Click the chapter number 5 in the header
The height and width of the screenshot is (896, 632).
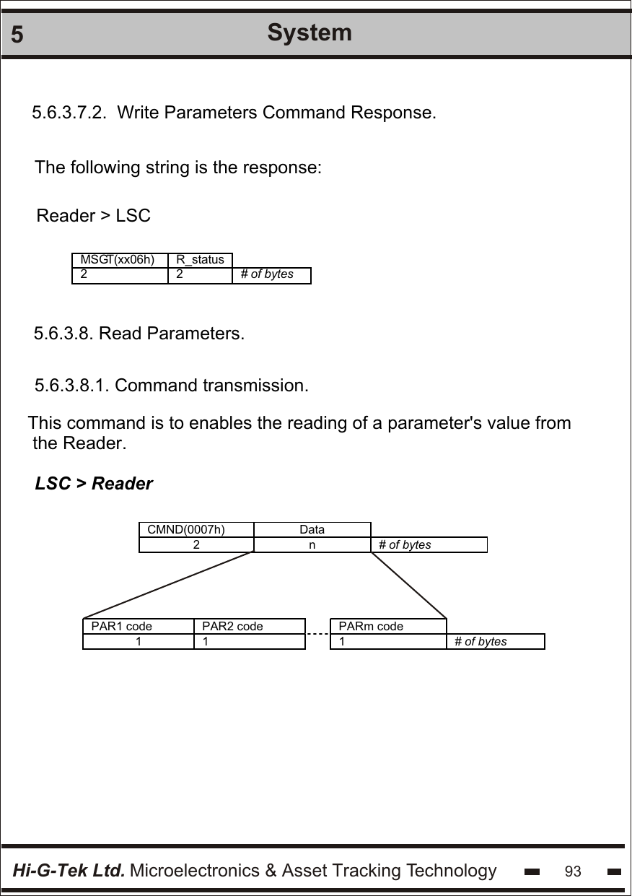coord(17,35)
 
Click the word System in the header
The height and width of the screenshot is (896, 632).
coord(310,32)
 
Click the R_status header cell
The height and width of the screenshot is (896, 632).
coord(200,259)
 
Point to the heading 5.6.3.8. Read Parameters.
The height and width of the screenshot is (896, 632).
coord(139,334)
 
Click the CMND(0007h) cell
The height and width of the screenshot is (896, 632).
coord(186,529)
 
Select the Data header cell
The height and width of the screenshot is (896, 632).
coord(312,529)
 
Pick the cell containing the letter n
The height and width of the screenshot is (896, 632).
coord(312,544)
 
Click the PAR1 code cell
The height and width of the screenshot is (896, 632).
coord(122,626)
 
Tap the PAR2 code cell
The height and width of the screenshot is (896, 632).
coord(232,626)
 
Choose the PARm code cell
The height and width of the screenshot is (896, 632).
coord(371,626)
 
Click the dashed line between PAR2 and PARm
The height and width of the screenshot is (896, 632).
coord(317,634)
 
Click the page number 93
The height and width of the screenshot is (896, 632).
coord(573,871)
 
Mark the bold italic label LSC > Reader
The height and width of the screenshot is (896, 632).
coord(94,484)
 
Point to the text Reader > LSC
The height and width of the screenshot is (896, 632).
coord(94,216)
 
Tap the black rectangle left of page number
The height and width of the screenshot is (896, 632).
coord(532,871)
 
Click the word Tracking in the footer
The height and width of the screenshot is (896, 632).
coord(367,871)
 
